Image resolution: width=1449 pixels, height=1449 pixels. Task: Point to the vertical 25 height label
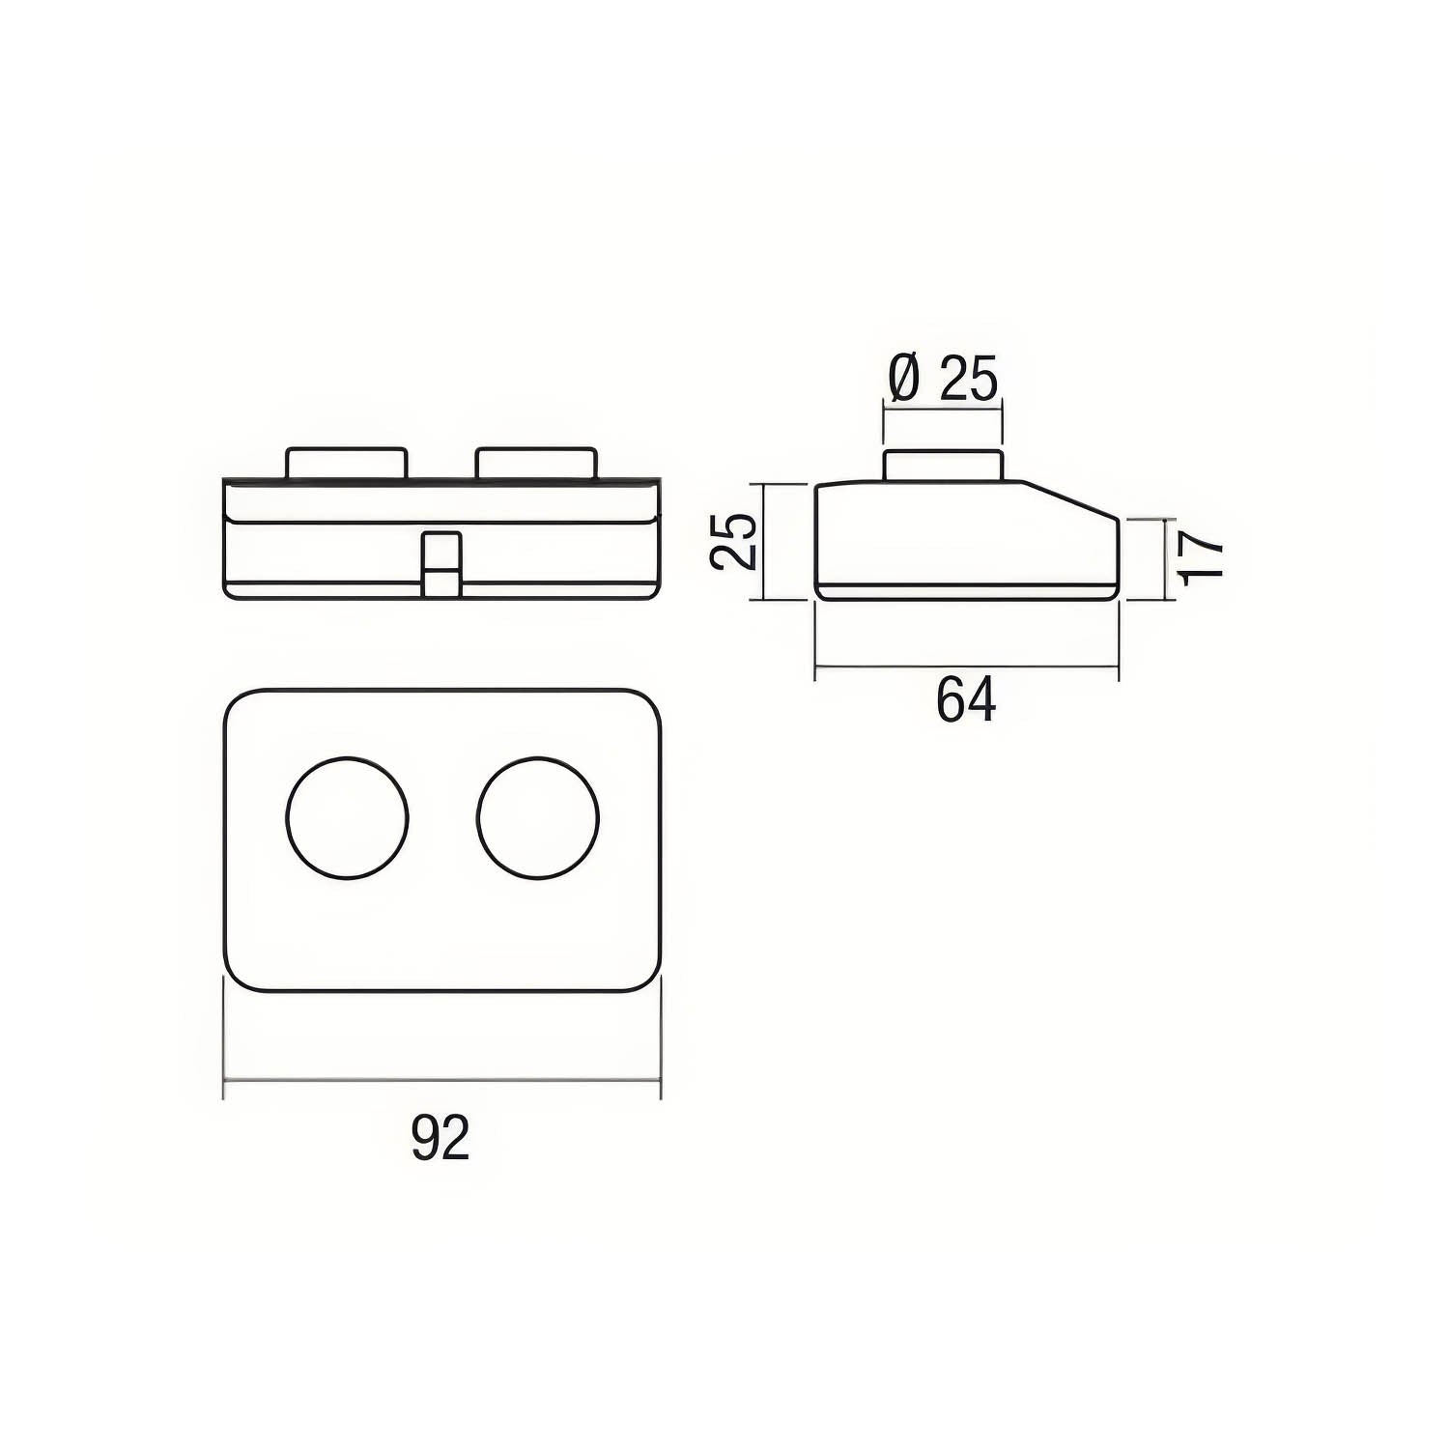click(733, 542)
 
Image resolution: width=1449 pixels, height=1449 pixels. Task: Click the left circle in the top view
click(348, 817)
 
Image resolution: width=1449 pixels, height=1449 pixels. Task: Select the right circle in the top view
click(538, 817)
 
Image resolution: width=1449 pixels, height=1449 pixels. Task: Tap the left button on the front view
click(346, 463)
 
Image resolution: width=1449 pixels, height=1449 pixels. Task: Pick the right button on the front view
click(536, 463)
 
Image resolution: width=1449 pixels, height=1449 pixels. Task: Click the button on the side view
click(943, 465)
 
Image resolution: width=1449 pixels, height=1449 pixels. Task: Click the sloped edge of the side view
click(1072, 500)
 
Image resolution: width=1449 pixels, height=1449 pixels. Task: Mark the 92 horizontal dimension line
click(441, 1081)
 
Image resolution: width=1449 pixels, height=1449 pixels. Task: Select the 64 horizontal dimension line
click(966, 666)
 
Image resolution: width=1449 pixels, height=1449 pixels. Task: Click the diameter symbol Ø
click(904, 379)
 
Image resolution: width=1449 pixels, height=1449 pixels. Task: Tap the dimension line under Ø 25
click(943, 412)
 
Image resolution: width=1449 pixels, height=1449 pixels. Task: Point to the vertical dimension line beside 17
click(1162, 559)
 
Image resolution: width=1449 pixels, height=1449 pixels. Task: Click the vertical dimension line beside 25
click(764, 542)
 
